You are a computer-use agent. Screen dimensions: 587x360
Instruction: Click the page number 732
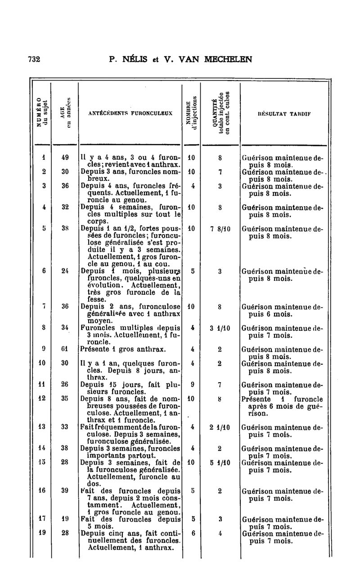pos(34,59)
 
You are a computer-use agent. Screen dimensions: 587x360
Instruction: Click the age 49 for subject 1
pos(65,158)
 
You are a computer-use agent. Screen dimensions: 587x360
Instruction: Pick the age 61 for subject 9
pos(65,348)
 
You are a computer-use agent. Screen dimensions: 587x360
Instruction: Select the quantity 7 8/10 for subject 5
pos(220,228)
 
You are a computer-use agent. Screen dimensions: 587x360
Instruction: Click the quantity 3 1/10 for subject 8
pos(220,328)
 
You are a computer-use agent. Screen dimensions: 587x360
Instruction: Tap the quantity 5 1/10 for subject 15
pos(220,462)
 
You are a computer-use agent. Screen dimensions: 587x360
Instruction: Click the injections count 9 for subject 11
pos(192,385)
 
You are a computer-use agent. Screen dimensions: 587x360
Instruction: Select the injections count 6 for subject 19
pos(192,533)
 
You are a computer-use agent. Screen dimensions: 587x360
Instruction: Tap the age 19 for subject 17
pos(65,519)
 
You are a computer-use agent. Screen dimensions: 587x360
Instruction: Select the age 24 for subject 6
pos(65,271)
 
